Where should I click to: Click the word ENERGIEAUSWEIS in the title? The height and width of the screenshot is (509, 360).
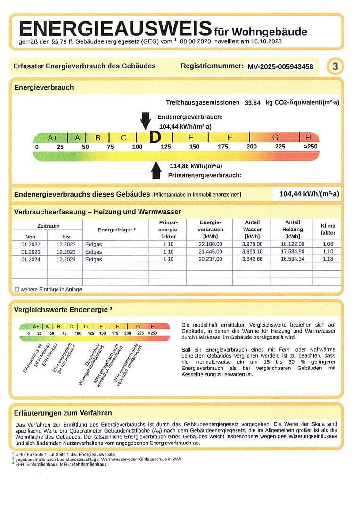click(x=115, y=29)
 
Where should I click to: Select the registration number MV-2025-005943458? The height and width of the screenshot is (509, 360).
click(x=280, y=66)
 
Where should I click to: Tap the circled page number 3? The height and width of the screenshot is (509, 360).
click(x=335, y=66)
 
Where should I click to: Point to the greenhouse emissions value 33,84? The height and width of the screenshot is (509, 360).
click(x=253, y=103)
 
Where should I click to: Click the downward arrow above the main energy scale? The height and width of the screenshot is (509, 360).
click(x=146, y=121)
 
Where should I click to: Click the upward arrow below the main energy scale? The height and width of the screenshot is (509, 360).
click(x=156, y=170)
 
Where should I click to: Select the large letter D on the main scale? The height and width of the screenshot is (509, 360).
click(x=155, y=138)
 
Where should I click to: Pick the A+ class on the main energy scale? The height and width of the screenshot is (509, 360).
click(x=53, y=138)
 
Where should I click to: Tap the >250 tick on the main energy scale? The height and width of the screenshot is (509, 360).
click(x=310, y=147)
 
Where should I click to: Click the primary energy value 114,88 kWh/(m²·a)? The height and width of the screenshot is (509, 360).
click(x=196, y=166)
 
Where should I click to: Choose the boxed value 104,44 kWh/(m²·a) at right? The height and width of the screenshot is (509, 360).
click(x=309, y=194)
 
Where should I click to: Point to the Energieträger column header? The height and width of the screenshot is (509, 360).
click(x=116, y=230)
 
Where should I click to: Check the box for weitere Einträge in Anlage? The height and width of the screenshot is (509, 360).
click(x=17, y=289)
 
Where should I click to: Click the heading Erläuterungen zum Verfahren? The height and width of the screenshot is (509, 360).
click(x=63, y=413)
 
